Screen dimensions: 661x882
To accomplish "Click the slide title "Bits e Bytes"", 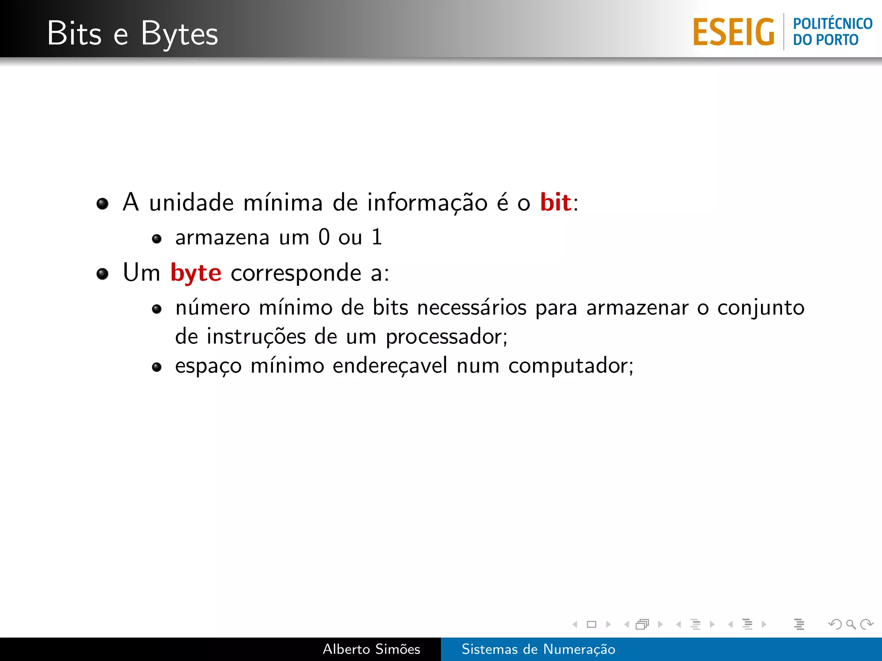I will (133, 34).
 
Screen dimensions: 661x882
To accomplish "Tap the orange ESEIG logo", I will (733, 32).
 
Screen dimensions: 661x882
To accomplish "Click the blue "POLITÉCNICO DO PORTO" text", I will (832, 31).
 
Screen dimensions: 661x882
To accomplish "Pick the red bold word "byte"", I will (196, 273).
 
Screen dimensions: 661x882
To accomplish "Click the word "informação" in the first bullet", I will (427, 203).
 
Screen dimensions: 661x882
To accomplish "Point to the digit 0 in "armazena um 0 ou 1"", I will (324, 237).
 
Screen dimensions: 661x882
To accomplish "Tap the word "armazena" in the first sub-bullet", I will (222, 238).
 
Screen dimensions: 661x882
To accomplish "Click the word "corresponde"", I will (296, 273).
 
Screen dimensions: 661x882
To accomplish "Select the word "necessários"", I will (472, 308).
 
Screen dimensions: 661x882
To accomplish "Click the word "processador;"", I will (447, 337).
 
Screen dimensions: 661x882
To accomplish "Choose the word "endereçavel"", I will (390, 366).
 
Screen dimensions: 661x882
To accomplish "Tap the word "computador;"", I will (571, 366).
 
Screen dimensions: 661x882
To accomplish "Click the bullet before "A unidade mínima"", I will (102, 204).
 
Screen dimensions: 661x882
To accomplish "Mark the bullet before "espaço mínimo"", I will (157, 367).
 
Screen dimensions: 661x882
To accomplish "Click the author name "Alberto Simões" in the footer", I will (371, 649).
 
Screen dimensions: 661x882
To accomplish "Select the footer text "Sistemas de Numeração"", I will (538, 649).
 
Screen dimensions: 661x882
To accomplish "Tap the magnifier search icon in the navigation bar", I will (851, 624).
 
